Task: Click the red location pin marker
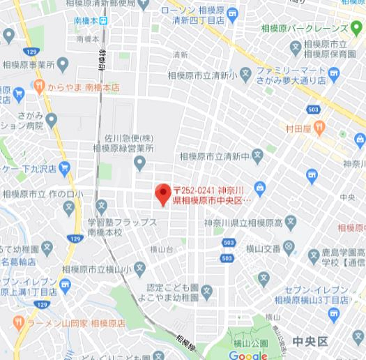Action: click(162, 193)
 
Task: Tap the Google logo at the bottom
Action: click(247, 355)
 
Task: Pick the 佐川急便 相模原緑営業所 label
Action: click(125, 142)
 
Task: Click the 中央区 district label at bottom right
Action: click(310, 341)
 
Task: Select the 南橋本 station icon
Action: click(103, 21)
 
